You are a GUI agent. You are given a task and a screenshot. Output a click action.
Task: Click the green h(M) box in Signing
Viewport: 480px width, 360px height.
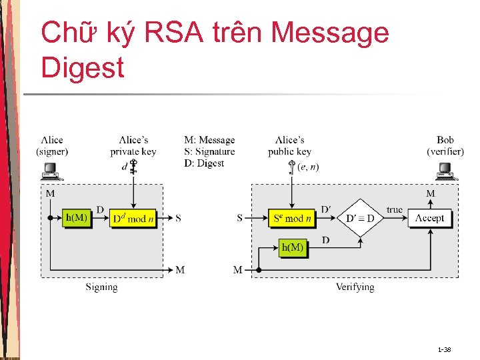click(76, 218)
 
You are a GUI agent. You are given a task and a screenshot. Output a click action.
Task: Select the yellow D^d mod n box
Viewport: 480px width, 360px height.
click(134, 218)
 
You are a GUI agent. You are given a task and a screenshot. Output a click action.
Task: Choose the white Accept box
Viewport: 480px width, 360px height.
click(429, 218)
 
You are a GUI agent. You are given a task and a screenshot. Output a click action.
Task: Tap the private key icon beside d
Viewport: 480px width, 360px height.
click(133, 166)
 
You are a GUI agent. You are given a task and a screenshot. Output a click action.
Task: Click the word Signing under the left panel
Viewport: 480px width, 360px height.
click(101, 287)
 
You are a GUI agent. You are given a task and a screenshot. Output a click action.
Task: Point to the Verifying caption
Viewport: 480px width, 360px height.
click(355, 287)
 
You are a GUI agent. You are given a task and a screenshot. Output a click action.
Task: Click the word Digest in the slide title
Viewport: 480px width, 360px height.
click(83, 67)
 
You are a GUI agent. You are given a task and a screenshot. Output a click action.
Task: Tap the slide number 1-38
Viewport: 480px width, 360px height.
click(444, 349)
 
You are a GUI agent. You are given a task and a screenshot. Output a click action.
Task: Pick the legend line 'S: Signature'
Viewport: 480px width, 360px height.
click(209, 151)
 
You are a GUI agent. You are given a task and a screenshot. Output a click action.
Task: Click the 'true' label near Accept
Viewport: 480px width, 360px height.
click(395, 210)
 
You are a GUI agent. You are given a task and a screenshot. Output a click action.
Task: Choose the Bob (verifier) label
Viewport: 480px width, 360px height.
click(445, 145)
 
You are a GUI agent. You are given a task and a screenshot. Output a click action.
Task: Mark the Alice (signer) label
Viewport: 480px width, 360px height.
click(52, 145)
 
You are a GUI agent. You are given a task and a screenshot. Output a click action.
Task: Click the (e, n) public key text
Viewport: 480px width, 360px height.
click(308, 167)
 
